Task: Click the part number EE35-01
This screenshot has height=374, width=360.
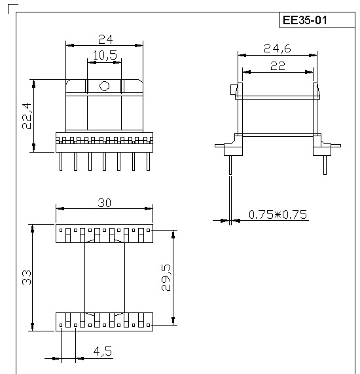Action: [x=304, y=20]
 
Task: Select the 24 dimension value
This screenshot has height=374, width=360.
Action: [x=105, y=39]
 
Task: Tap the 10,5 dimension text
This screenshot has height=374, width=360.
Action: [x=105, y=55]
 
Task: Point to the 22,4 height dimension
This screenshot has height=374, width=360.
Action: [x=27, y=116]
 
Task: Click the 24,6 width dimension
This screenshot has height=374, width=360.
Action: [x=278, y=48]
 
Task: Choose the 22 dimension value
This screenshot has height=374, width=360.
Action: [x=278, y=66]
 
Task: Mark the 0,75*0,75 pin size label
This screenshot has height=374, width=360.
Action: [x=278, y=214]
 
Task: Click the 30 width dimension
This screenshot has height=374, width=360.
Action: [x=105, y=203]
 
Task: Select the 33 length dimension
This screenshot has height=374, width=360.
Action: [x=27, y=278]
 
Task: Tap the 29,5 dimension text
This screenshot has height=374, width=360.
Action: [x=166, y=278]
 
